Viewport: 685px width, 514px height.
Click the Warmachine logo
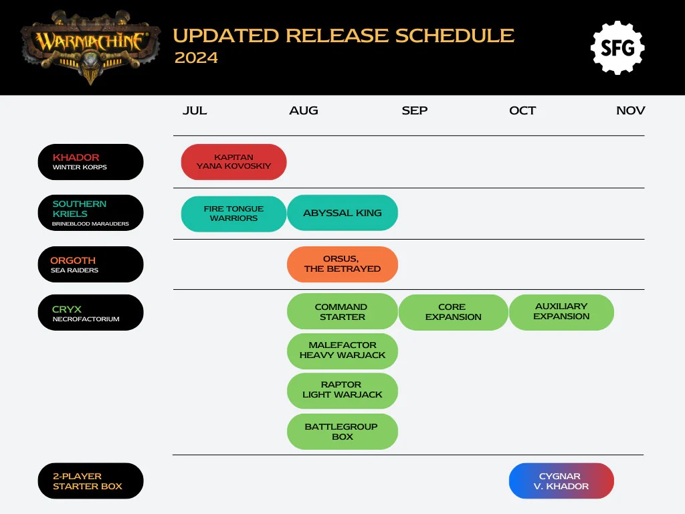pyautogui.click(x=90, y=44)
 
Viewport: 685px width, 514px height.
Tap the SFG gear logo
pyautogui.click(x=617, y=48)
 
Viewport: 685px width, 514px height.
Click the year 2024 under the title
pyautogui.click(x=196, y=58)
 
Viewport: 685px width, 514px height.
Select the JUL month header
pyautogui.click(x=195, y=110)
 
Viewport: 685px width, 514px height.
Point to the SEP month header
pyautogui.click(x=415, y=110)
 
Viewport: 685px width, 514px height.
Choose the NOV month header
pyautogui.click(x=630, y=110)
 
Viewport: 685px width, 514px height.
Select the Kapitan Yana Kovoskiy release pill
pyautogui.click(x=233, y=162)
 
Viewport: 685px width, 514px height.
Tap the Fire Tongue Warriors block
pyautogui.click(x=233, y=213)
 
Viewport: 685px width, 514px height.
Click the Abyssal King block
pyautogui.click(x=342, y=213)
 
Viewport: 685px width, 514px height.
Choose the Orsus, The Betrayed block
pyautogui.click(x=342, y=264)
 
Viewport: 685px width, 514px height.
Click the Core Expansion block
pyautogui.click(x=453, y=313)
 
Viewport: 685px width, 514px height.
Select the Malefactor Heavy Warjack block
pyautogui.click(x=342, y=351)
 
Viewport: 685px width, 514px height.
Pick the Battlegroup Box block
pyautogui.click(x=342, y=432)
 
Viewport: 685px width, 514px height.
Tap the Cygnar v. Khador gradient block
pyautogui.click(x=561, y=481)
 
